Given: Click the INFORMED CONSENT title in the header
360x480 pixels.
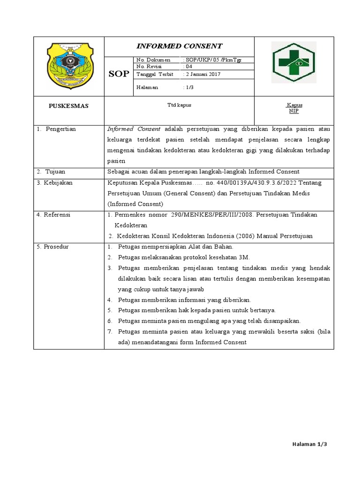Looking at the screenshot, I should [179, 46].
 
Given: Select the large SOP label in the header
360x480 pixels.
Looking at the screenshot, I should [119, 75].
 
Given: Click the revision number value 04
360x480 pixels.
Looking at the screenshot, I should [189, 67].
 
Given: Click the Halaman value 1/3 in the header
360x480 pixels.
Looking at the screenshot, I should [188, 87].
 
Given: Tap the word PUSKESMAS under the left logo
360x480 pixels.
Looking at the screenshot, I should [68, 106].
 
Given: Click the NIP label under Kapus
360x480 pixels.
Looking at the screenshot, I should [294, 111].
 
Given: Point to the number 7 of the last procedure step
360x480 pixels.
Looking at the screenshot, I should [109, 331].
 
